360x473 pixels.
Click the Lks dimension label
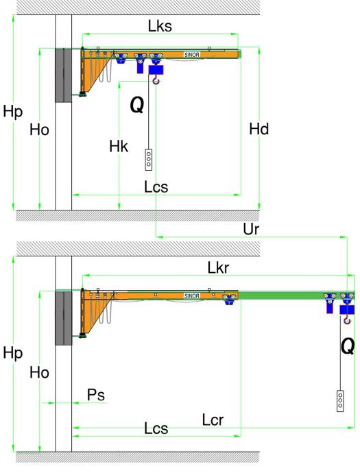[160, 26]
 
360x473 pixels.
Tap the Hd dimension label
[259, 129]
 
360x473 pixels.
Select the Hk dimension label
[119, 147]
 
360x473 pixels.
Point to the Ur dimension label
[251, 230]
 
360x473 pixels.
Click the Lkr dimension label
[218, 267]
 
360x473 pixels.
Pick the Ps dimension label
[96, 395]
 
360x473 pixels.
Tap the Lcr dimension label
[213, 420]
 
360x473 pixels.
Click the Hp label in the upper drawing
[12, 112]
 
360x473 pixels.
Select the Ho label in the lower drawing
[39, 372]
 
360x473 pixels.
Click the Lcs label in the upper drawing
[156, 187]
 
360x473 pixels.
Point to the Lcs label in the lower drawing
[156, 428]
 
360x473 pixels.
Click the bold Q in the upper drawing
[137, 106]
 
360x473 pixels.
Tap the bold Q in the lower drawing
[348, 347]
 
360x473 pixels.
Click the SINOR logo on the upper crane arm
[191, 55]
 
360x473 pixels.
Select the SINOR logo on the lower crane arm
[191, 296]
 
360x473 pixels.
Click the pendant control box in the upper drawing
[149, 160]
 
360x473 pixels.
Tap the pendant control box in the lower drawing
[340, 401]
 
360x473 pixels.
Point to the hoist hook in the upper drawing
[156, 80]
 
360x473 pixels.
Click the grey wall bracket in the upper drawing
[63, 75]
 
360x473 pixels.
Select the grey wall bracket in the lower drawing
[63, 318]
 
